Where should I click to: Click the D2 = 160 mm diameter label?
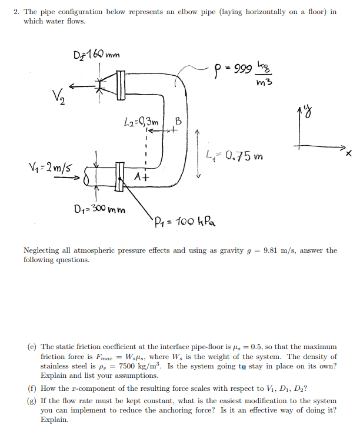(x=96, y=53)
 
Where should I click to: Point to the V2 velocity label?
(x=59, y=97)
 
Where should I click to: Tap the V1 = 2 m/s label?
(x=50, y=167)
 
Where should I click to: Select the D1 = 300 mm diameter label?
(x=100, y=209)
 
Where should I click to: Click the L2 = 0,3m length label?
(x=141, y=122)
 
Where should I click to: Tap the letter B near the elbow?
(x=178, y=122)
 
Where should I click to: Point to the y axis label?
(x=308, y=112)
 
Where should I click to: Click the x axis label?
(x=348, y=153)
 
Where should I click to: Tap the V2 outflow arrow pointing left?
(x=82, y=86)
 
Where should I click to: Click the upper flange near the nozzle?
(x=121, y=85)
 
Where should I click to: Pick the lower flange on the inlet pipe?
(x=119, y=177)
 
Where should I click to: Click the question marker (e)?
(x=32, y=347)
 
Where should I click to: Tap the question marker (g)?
(x=32, y=401)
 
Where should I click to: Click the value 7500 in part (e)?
(x=127, y=366)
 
